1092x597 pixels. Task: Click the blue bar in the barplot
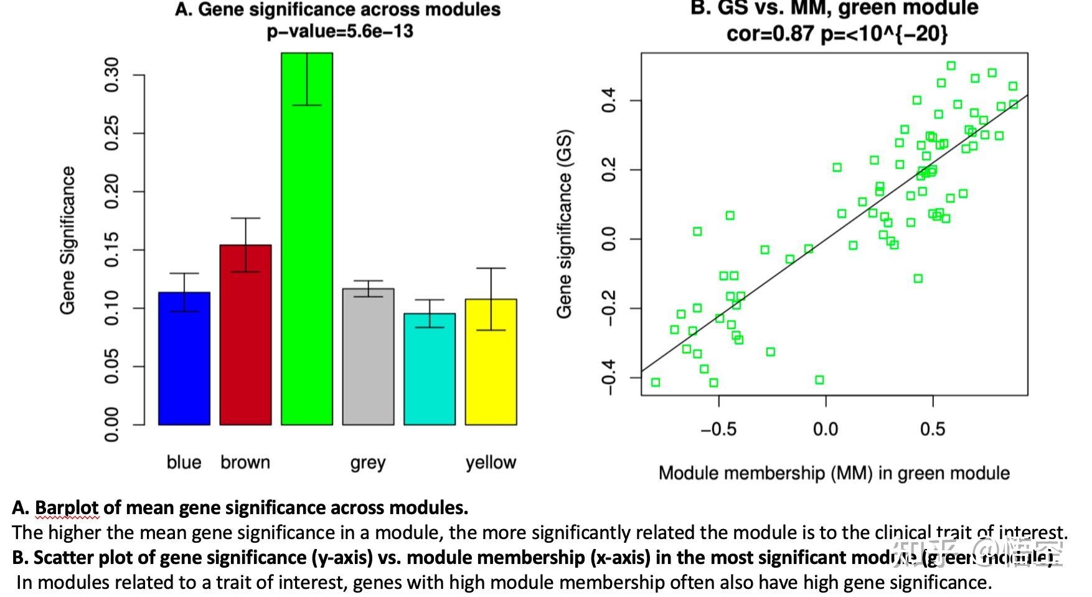coord(184,368)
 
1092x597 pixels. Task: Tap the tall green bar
coord(307,262)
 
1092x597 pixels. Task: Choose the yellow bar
coord(491,374)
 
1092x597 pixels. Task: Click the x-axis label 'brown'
coord(245,462)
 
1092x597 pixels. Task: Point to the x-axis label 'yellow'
coord(491,462)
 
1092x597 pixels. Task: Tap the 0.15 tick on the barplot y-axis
coord(111,250)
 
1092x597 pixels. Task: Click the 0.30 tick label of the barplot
coord(111,75)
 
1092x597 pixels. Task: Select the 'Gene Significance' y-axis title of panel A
coord(67,241)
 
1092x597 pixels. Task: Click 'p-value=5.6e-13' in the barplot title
coord(340,31)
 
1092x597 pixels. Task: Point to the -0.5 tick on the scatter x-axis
coord(718,429)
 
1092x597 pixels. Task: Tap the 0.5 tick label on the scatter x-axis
coord(932,429)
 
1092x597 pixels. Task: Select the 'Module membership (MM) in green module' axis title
coord(834,473)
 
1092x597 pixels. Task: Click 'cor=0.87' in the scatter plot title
coord(770,33)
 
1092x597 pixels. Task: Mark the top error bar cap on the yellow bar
coord(491,268)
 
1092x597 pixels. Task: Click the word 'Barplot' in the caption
coord(67,508)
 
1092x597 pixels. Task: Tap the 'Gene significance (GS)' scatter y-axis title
coord(564,224)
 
